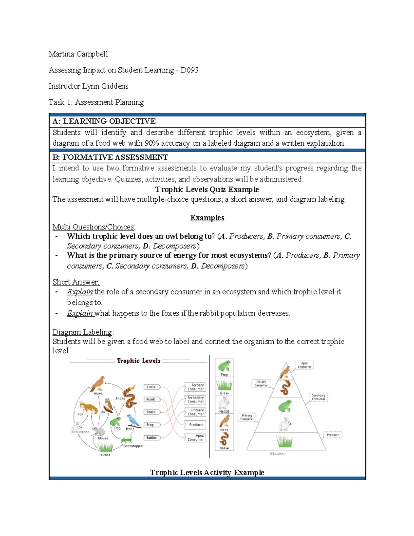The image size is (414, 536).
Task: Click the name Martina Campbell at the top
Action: click(x=78, y=54)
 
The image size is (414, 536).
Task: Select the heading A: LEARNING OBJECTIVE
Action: click(x=104, y=121)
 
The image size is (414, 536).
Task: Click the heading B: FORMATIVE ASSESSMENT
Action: click(x=110, y=157)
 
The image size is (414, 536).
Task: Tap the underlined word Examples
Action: click(x=207, y=218)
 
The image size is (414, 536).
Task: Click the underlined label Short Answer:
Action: click(x=76, y=282)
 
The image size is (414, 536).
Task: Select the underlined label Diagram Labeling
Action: click(x=82, y=332)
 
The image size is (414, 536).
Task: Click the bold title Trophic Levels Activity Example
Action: click(x=207, y=472)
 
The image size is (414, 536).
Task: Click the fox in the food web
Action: click(x=89, y=408)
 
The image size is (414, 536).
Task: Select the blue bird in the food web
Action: click(x=133, y=421)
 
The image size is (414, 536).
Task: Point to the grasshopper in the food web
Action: click(x=127, y=440)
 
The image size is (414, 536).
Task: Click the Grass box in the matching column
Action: click(x=151, y=387)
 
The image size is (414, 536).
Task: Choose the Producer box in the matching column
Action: click(x=196, y=425)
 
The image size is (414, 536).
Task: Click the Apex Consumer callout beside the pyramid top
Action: click(x=304, y=365)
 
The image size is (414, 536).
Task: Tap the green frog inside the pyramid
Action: click(x=285, y=406)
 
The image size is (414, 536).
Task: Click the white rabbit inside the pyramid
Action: click(x=285, y=424)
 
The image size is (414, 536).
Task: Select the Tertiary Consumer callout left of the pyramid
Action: click(x=261, y=383)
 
